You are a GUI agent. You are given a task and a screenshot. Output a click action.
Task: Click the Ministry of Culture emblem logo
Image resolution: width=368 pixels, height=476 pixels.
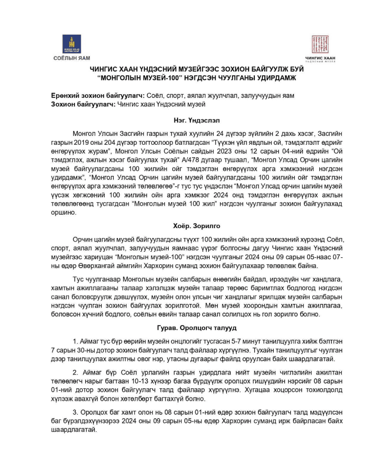point(72,44)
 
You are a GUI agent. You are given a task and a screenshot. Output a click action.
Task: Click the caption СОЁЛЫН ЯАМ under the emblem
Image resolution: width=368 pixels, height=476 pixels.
point(72,59)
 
